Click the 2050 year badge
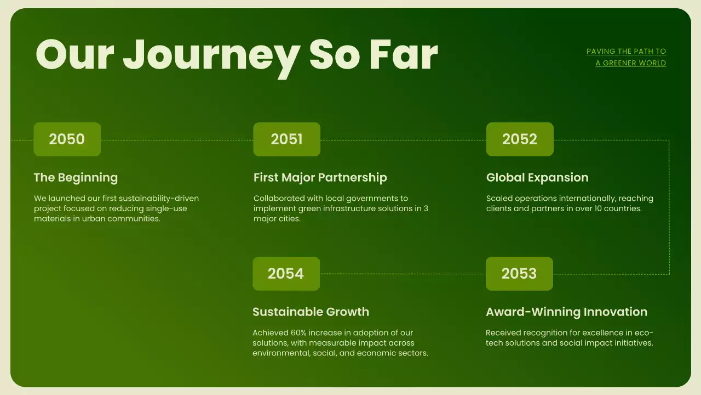(67, 139)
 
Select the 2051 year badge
(286, 139)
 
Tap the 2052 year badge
(520, 139)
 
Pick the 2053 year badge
(519, 274)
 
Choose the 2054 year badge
(286, 274)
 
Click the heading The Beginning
(76, 178)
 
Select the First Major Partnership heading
(320, 178)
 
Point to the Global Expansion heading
(537, 178)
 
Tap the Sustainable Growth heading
(311, 312)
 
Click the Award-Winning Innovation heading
(566, 312)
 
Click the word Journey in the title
(211, 55)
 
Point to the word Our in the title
(74, 55)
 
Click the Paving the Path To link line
(626, 52)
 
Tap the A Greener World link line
(630, 63)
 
